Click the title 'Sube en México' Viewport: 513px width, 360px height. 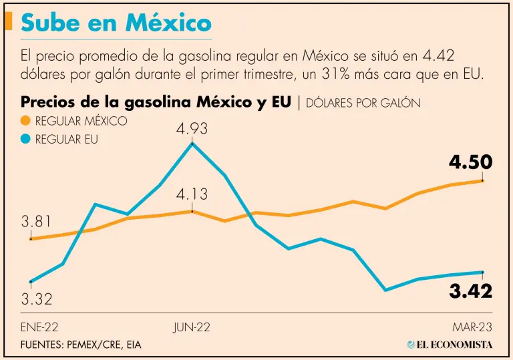pyautogui.click(x=116, y=24)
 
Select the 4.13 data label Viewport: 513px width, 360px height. pyautogui.click(x=192, y=195)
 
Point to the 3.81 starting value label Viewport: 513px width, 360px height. pyautogui.click(x=36, y=222)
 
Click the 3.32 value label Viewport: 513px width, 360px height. pyautogui.click(x=36, y=299)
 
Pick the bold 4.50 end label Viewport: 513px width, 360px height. pyautogui.click(x=470, y=162)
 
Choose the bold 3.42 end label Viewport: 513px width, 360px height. pyautogui.click(x=470, y=291)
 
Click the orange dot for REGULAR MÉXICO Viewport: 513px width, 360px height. pyautogui.click(x=26, y=122)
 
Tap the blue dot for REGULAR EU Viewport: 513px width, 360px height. pyautogui.click(x=26, y=140)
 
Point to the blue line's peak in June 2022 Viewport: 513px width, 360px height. pyautogui.click(x=192, y=143)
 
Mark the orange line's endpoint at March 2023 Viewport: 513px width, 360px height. pyautogui.click(x=482, y=180)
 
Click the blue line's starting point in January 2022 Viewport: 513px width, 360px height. pyautogui.click(x=31, y=282)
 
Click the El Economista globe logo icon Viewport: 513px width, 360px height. pyautogui.click(x=411, y=345)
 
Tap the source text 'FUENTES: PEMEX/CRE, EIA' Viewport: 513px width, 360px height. pyautogui.click(x=81, y=345)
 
